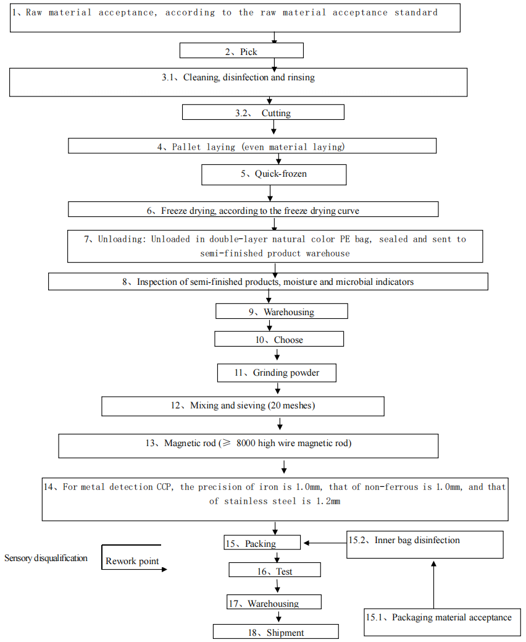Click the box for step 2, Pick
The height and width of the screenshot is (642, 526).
point(241,51)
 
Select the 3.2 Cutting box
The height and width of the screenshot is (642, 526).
point(263,112)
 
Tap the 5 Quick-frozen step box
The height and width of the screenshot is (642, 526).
point(273,175)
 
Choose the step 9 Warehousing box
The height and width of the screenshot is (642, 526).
point(282,311)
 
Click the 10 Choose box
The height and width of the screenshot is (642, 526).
point(279,339)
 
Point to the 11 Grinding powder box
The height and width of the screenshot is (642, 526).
point(277,373)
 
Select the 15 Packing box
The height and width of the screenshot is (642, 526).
point(262,543)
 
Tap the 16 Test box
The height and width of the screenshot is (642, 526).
point(275,570)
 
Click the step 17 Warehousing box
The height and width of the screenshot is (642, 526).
point(274,602)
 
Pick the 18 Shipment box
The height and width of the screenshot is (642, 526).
point(276,631)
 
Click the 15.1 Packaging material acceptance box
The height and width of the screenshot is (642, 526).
point(443,622)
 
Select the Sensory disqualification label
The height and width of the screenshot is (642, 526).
point(46,558)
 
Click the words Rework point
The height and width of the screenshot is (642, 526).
point(132,561)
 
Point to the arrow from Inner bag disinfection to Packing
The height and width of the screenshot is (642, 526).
point(325,543)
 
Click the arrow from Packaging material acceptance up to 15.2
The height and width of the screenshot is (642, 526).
point(433,585)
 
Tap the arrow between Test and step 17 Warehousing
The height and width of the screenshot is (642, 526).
point(277,585)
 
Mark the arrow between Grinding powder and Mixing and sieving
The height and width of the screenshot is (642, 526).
point(277,388)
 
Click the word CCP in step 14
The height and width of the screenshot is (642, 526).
point(165,487)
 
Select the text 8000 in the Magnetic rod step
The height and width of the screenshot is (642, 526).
point(246,443)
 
